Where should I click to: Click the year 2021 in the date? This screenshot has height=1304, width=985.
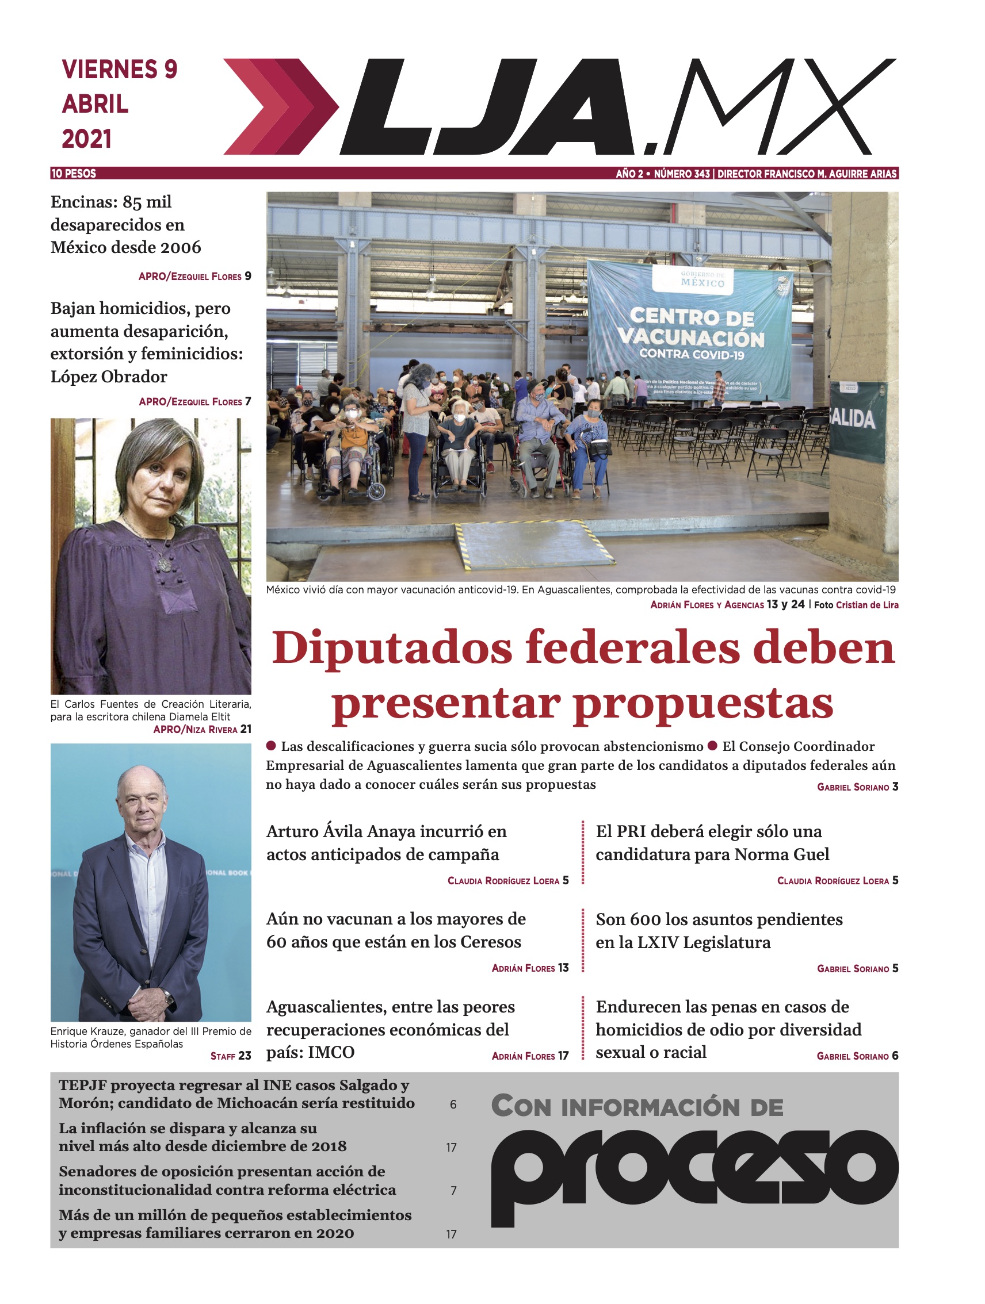[87, 139]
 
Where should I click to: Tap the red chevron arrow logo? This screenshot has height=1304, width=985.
[280, 107]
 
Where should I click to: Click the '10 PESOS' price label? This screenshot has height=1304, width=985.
[74, 173]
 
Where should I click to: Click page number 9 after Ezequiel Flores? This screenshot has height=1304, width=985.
[248, 276]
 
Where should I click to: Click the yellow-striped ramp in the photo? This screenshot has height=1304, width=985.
[531, 547]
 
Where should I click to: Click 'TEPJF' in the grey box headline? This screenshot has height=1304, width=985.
[82, 1086]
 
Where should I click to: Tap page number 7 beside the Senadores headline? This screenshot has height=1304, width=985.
[453, 1191]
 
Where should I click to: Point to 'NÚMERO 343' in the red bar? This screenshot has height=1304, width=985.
[681, 173]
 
